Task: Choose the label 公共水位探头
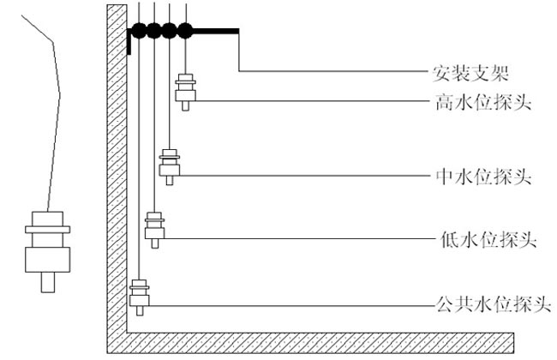[487, 303]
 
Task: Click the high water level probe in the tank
[184, 90]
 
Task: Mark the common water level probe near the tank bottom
[139, 294]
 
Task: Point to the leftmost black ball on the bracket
[138, 32]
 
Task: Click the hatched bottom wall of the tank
[326, 344]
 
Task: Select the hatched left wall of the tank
[116, 171]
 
